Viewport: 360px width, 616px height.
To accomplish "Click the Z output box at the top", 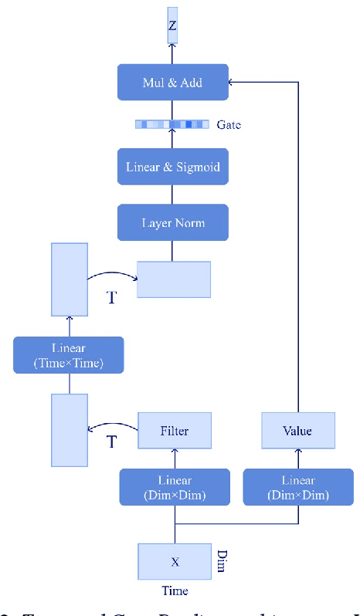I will tap(172, 25).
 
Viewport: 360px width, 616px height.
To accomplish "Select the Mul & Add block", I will tap(173, 82).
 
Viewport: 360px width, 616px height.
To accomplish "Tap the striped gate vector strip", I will tap(172, 124).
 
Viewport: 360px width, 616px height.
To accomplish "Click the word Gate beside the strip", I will tap(229, 124).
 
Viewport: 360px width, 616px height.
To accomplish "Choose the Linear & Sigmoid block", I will tap(173, 167).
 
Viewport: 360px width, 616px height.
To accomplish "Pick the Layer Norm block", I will tap(173, 223).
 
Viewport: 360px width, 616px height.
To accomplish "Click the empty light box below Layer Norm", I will tap(174, 279).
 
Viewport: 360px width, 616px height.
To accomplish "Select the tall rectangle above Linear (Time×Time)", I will tap(70, 279).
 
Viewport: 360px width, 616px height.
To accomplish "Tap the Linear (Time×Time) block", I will tap(69, 355).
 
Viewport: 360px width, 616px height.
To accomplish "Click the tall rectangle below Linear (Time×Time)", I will tap(70, 430).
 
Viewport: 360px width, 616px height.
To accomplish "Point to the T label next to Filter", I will tap(112, 442).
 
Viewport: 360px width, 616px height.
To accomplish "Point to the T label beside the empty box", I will tap(112, 297).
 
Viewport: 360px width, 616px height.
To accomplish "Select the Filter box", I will tap(174, 431).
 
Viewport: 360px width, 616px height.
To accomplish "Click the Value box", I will tap(298, 431).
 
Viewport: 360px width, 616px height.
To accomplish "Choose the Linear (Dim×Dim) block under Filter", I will tap(174, 486).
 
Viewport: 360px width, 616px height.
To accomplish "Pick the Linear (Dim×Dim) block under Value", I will tap(298, 486).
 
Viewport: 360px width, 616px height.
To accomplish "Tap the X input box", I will tap(174, 562).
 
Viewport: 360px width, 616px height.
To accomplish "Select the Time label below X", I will tap(175, 591).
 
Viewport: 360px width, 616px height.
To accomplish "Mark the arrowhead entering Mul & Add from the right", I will tap(233, 81).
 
